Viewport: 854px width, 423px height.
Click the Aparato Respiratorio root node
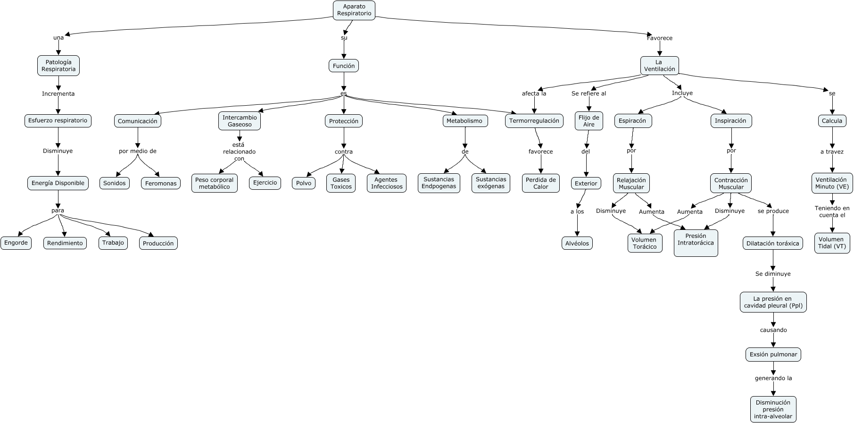(354, 10)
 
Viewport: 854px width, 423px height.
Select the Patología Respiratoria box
(58, 66)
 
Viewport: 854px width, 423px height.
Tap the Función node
(344, 66)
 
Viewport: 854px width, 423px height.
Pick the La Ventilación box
(659, 66)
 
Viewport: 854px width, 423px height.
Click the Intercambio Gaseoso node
(240, 121)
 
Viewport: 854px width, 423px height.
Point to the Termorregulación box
(534, 121)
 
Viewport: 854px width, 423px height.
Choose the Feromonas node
(161, 183)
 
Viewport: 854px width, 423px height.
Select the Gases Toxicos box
(341, 183)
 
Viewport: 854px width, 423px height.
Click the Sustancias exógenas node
(490, 183)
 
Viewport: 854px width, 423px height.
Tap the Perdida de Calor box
(540, 183)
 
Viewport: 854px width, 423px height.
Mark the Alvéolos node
(577, 243)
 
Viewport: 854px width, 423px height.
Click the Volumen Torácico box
(645, 243)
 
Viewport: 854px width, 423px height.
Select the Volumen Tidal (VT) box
(831, 243)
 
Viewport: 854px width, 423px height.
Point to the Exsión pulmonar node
(773, 355)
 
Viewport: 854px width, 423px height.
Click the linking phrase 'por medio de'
(138, 151)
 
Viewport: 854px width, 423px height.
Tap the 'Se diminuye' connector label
(773, 274)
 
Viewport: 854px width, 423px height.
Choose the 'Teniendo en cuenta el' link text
(832, 211)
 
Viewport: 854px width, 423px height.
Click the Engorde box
(16, 243)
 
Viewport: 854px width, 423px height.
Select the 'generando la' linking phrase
(773, 378)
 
